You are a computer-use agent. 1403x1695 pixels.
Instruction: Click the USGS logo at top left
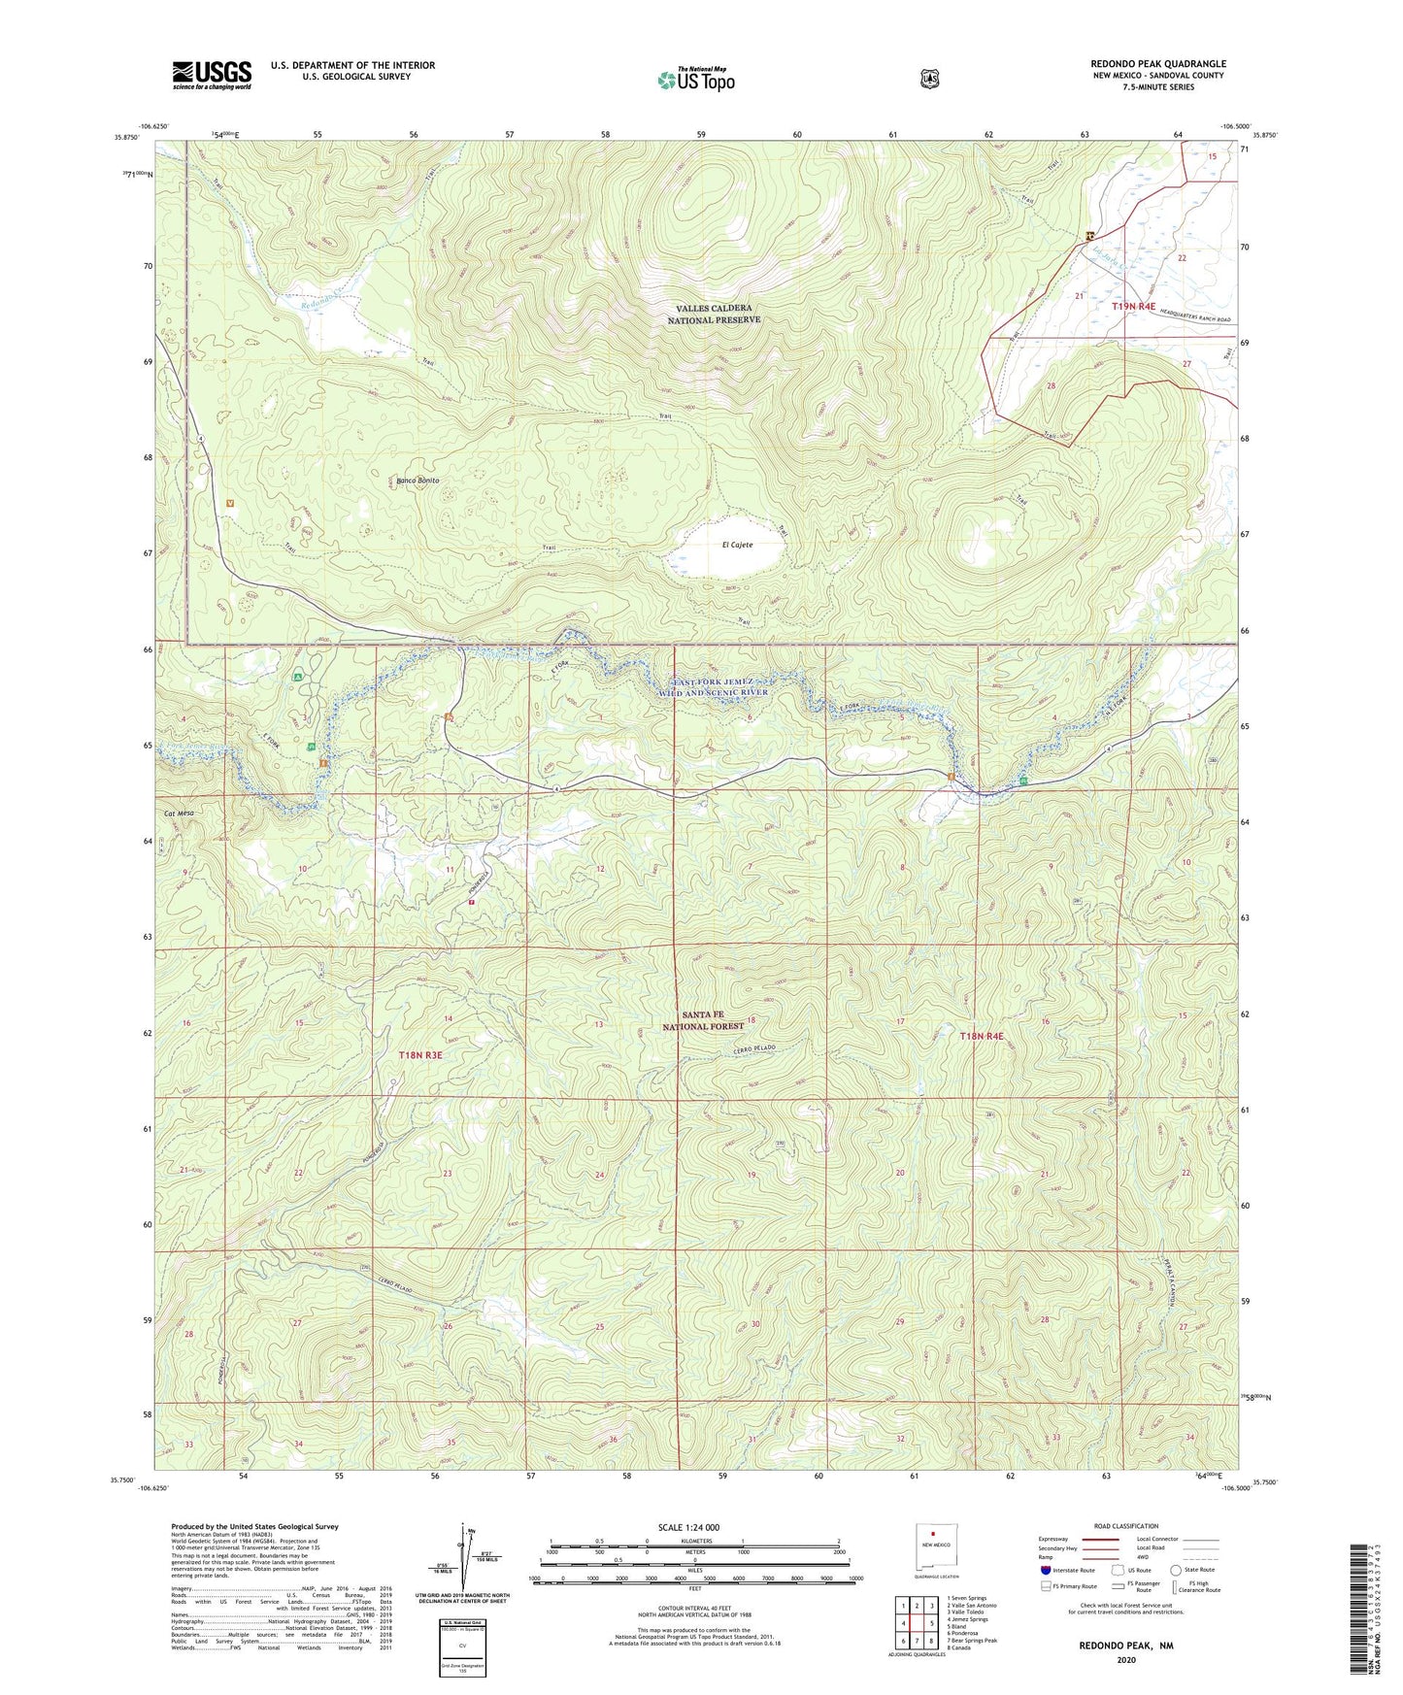(212, 75)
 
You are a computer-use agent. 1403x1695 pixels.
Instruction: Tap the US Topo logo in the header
(695, 80)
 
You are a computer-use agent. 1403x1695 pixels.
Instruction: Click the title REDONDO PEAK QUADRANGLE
(1157, 64)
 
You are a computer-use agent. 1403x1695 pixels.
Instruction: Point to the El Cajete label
(737, 545)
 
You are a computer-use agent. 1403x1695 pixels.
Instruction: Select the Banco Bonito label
(418, 481)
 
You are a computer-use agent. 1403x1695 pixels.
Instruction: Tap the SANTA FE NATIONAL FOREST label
(702, 1019)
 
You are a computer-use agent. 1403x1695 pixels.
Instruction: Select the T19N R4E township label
(1133, 306)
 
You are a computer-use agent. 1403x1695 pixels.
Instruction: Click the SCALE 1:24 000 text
(688, 1527)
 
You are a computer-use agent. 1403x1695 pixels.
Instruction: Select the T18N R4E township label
(983, 1037)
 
